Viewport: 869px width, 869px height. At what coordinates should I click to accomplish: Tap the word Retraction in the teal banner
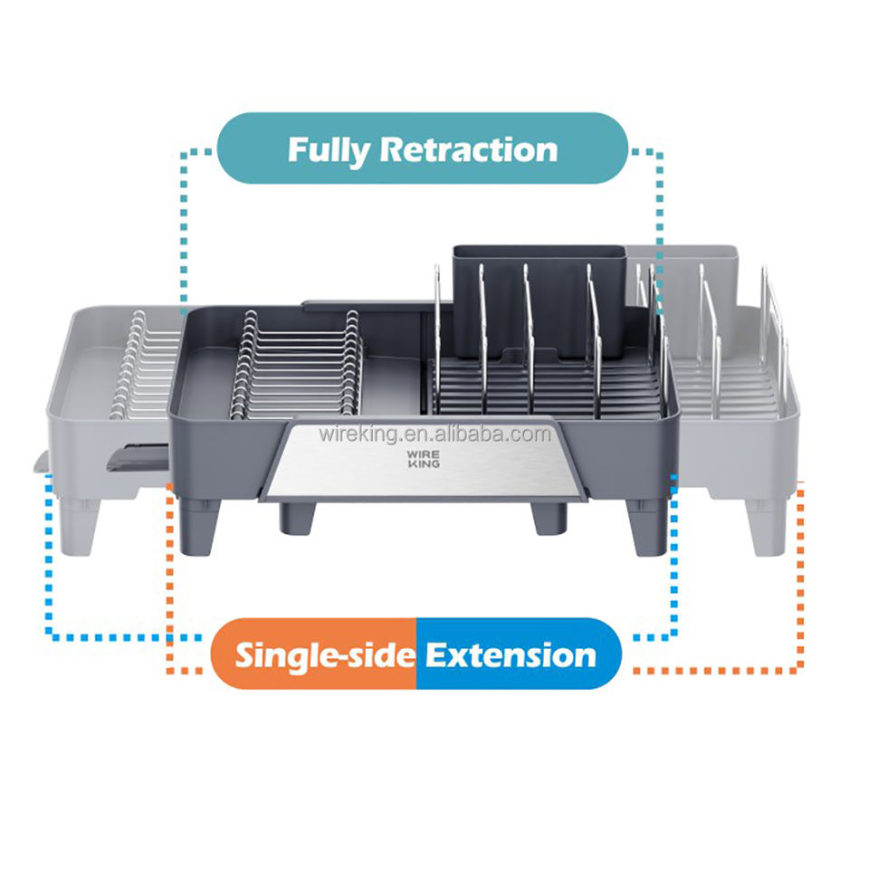tap(468, 149)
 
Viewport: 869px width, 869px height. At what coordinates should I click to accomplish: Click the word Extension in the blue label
tap(511, 654)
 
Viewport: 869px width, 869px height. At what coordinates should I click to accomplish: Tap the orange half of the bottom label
tap(313, 654)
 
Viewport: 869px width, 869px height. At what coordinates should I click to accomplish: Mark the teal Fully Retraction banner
tap(422, 149)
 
